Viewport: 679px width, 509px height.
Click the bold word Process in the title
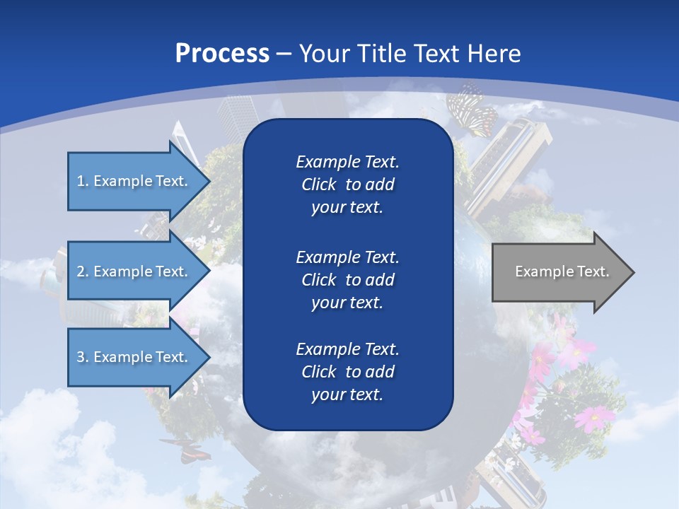coord(222,54)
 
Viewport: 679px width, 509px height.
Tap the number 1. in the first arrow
coord(83,181)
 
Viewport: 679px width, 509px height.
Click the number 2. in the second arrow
coord(83,271)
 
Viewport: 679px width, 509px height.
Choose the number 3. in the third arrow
coord(83,357)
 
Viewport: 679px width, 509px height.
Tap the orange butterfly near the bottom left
coord(186,450)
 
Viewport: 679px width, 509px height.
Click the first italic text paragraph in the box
coord(347,185)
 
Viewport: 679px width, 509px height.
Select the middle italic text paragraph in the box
coord(347,280)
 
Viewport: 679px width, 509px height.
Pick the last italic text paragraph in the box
coord(347,372)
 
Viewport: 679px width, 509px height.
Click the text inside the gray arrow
coord(562,271)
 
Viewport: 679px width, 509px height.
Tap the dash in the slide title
coord(284,54)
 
